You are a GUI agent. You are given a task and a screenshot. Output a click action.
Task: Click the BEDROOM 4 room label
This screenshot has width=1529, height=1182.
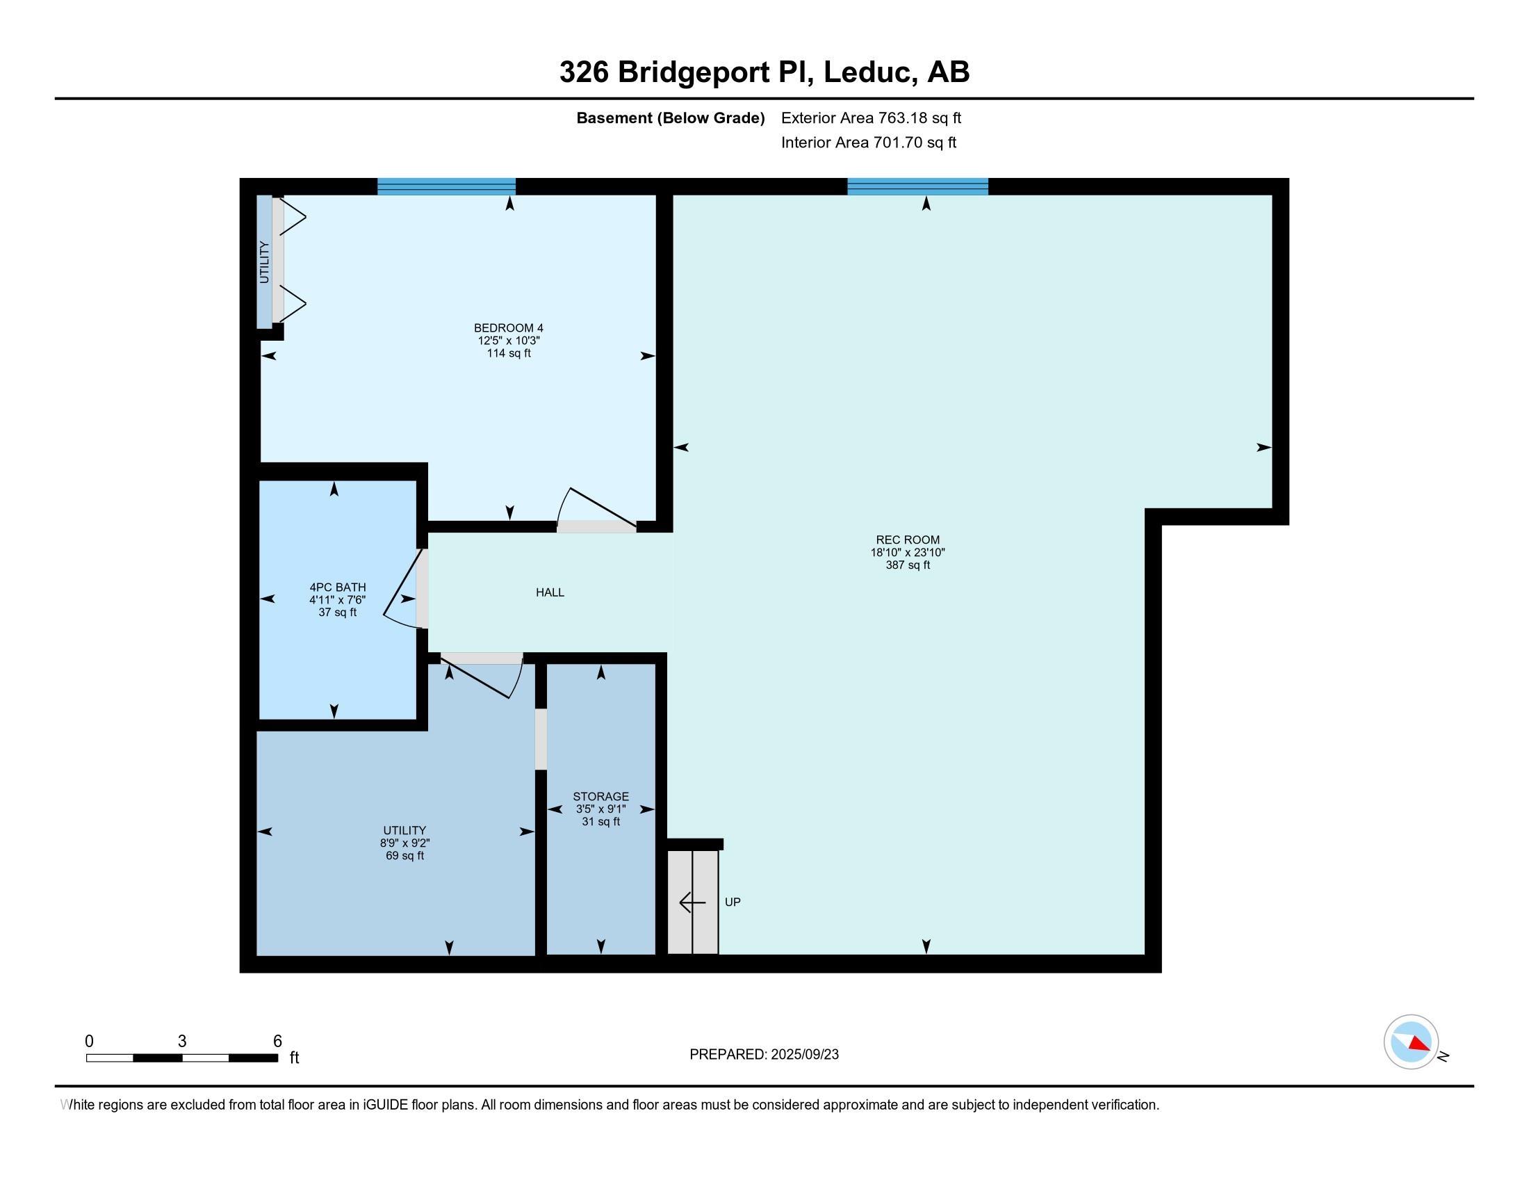click(x=508, y=327)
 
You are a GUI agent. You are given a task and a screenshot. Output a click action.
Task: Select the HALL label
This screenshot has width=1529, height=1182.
click(x=550, y=592)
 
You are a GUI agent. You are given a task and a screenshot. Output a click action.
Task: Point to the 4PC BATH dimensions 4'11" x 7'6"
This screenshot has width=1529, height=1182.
click(x=338, y=599)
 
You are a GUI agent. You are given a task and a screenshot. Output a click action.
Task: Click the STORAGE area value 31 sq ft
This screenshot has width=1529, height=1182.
click(x=600, y=821)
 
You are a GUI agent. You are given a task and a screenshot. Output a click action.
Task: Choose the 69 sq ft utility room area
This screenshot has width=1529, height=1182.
click(x=404, y=856)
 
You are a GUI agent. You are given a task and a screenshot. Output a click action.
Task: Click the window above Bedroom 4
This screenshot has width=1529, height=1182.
click(x=447, y=186)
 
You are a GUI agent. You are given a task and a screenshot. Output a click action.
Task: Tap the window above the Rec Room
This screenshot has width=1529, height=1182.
click(x=918, y=186)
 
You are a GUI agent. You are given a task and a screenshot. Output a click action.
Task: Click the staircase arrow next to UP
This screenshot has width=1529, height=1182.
click(x=692, y=902)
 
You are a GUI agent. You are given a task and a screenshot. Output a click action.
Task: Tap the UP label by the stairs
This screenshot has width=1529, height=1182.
click(x=733, y=902)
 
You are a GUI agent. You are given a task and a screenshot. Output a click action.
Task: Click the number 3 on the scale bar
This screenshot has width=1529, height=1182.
click(x=182, y=1042)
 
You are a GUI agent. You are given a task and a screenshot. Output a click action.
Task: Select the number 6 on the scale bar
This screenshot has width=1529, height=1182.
click(x=277, y=1042)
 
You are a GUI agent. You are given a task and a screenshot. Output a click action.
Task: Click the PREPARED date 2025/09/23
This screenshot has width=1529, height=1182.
click(x=803, y=1055)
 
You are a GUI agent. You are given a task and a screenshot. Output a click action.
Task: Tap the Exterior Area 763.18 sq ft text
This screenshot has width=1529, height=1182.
click(x=871, y=118)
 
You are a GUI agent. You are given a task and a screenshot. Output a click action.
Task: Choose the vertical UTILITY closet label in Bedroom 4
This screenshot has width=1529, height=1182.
click(x=264, y=262)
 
